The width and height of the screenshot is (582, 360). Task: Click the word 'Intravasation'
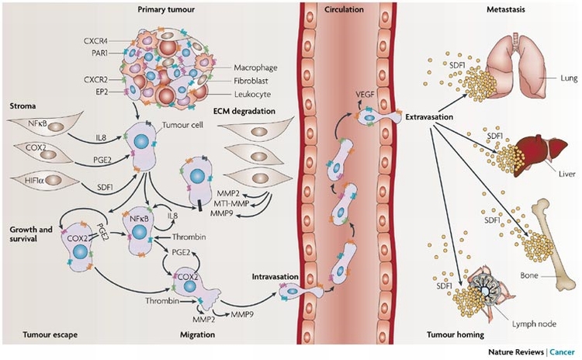click(x=273, y=275)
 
